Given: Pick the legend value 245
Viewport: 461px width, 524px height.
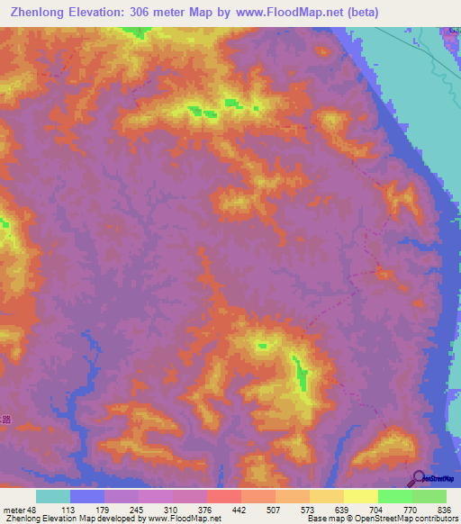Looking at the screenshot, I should click(137, 509).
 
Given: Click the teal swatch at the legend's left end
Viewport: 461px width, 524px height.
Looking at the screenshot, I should click(53, 496).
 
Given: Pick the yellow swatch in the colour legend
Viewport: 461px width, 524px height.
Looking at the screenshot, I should click(361, 496).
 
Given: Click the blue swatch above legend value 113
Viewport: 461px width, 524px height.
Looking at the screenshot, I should click(87, 496).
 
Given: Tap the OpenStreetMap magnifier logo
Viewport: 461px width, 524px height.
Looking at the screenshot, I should click(419, 478).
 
